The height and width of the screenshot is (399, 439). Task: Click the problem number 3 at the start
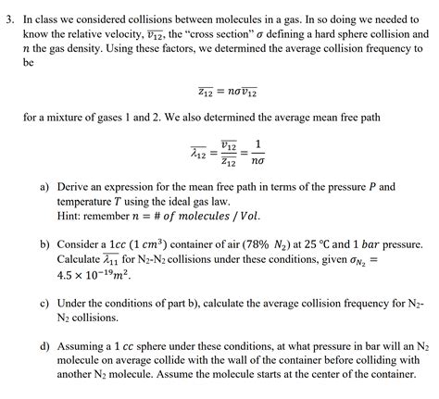8,17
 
